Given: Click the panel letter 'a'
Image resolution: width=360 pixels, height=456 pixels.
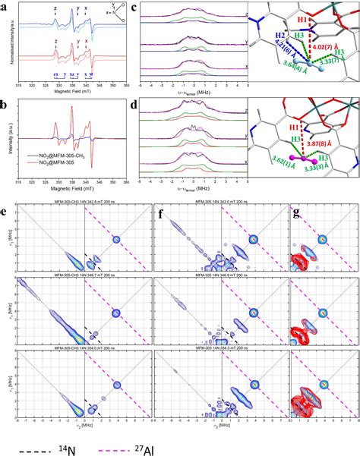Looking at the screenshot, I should (5, 5).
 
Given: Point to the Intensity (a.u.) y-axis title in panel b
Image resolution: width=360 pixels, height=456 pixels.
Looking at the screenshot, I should (6, 152).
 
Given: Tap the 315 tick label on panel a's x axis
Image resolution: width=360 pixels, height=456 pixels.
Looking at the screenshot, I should (17, 86).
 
